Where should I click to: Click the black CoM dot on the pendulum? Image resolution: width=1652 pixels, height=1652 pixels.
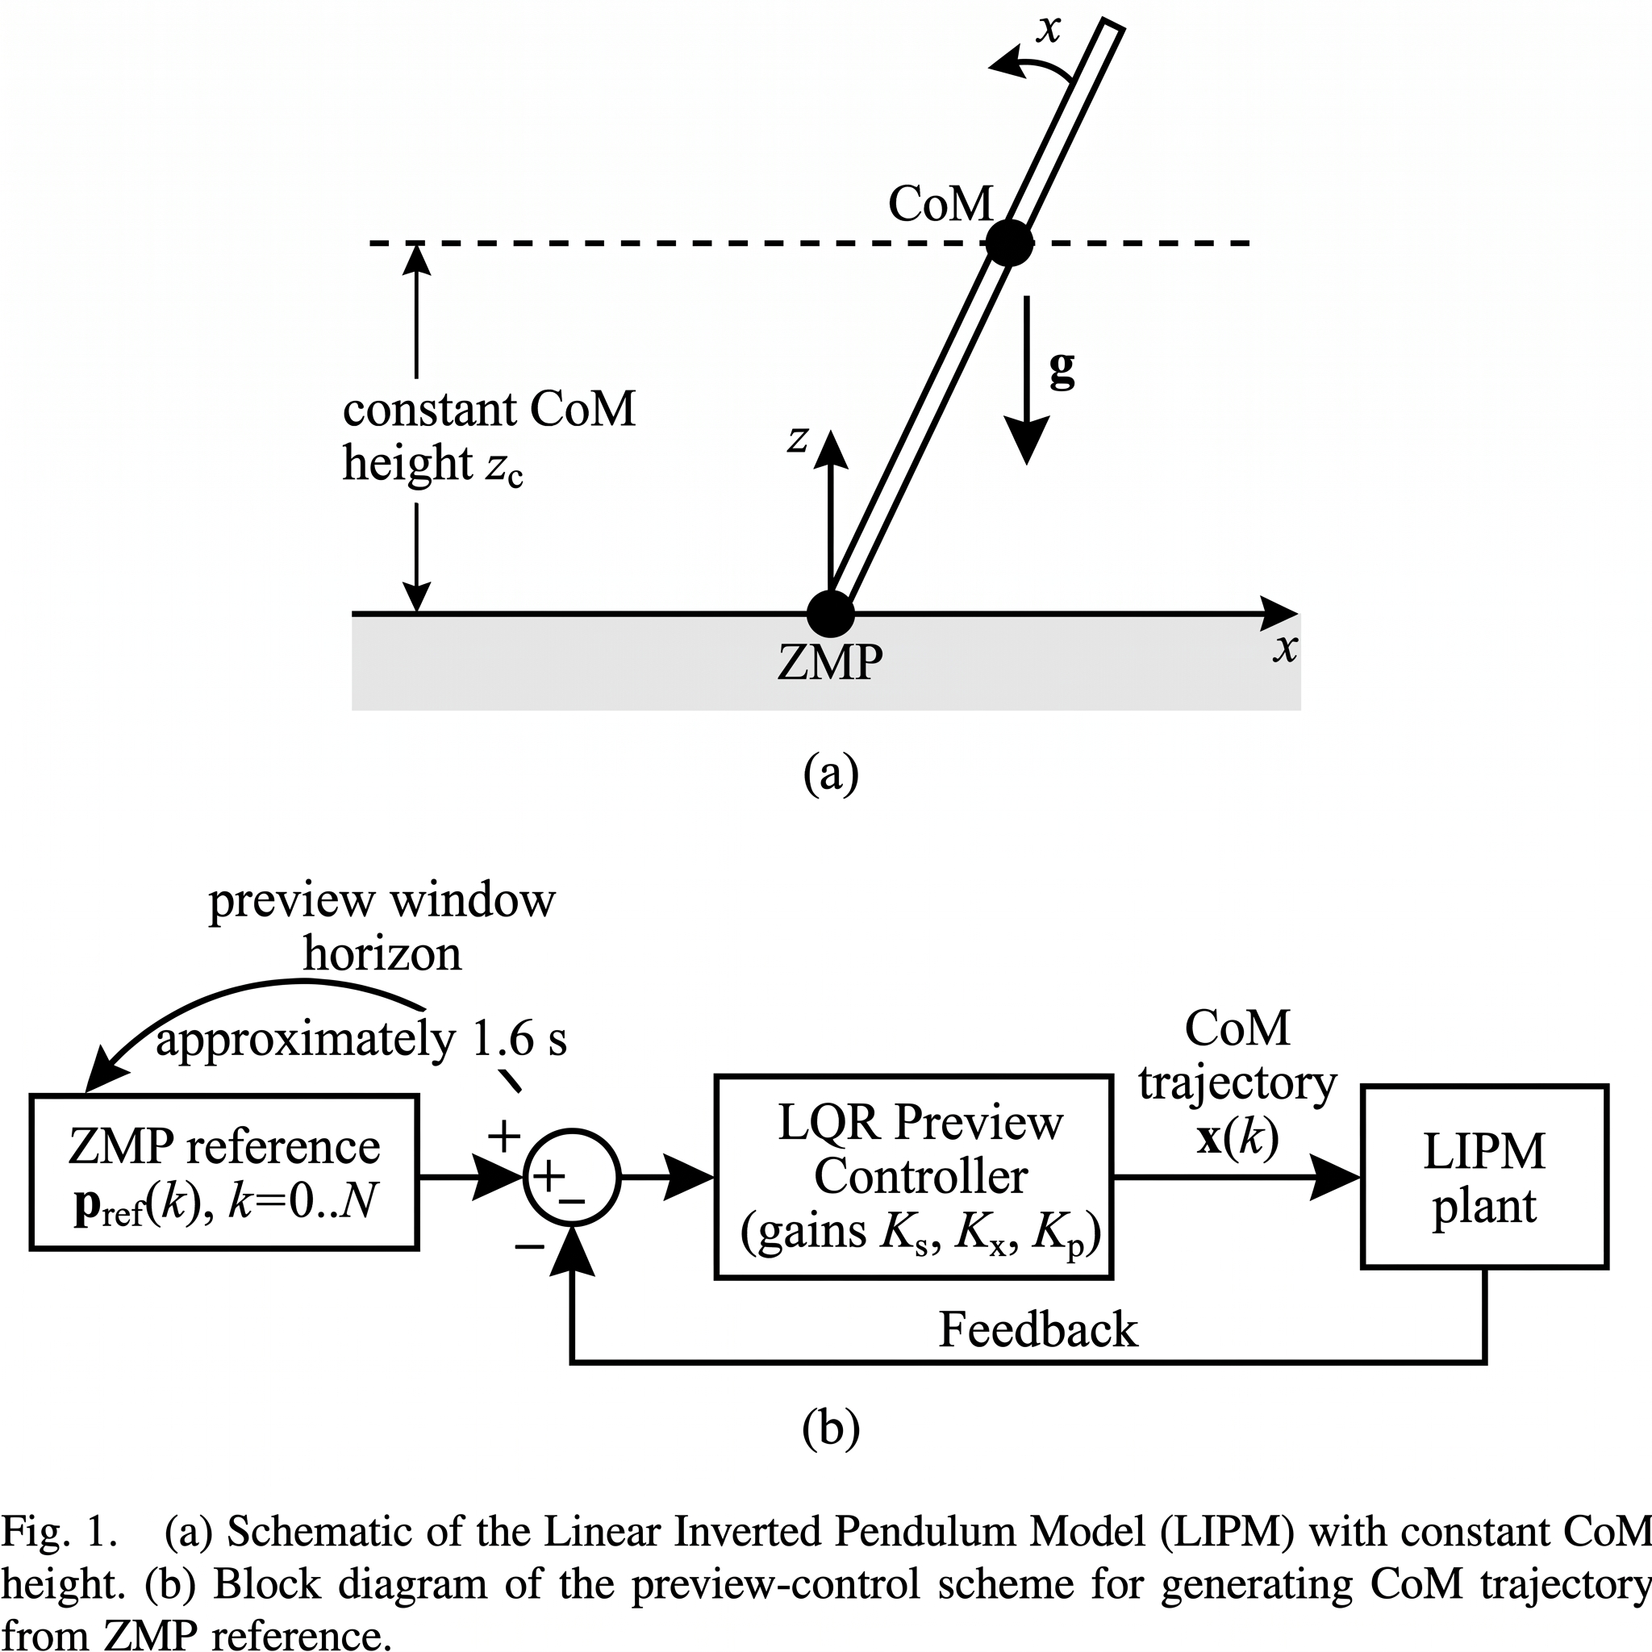[1010, 244]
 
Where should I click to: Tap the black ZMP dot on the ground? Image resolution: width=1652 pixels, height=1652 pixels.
[830, 613]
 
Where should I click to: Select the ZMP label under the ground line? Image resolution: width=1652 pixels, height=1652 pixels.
[830, 661]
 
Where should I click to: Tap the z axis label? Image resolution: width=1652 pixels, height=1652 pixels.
[799, 440]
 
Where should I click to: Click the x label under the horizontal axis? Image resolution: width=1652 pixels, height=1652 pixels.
[1284, 649]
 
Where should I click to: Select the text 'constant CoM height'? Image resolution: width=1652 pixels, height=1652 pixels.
[489, 436]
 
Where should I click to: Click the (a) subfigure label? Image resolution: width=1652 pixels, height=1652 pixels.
[830, 774]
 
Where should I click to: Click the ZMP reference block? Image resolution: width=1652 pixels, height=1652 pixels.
[224, 1172]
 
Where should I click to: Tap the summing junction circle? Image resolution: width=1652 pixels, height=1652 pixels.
[571, 1178]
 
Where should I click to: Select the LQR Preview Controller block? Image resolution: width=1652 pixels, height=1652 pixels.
[913, 1178]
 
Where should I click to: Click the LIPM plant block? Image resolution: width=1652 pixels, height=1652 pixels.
[1484, 1177]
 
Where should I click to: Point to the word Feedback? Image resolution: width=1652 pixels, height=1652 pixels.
[1038, 1329]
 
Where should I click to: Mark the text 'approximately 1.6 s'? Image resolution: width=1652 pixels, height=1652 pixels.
[361, 1040]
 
